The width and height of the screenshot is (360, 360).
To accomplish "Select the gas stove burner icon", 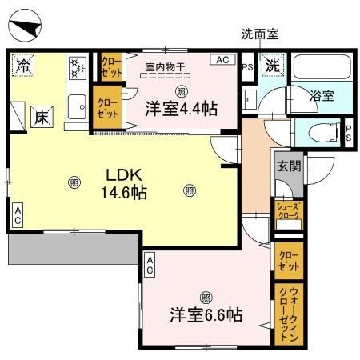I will pyautogui.click(x=78, y=67).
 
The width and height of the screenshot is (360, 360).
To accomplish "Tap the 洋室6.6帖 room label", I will pyautogui.click(x=206, y=314).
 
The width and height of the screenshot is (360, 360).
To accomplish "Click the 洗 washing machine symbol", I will pyautogui.click(x=273, y=66).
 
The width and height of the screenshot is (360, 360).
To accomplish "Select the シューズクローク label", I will pyautogui.click(x=288, y=210).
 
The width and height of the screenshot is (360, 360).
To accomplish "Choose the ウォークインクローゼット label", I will pyautogui.click(x=287, y=314).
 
